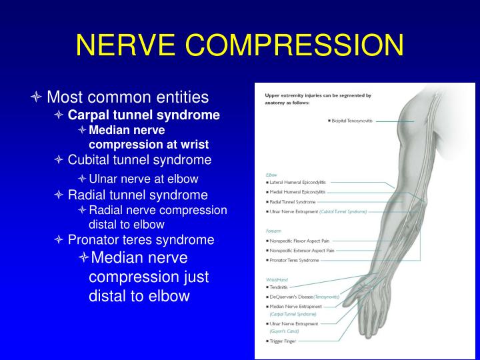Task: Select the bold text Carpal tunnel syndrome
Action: click(x=143, y=115)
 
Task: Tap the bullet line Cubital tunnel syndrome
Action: click(x=139, y=160)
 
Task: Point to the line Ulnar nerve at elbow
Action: click(x=143, y=179)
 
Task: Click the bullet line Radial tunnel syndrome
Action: click(x=137, y=195)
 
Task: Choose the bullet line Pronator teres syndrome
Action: click(x=141, y=239)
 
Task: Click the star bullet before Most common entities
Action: click(x=37, y=98)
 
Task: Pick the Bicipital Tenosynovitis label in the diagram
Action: click(x=351, y=121)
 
